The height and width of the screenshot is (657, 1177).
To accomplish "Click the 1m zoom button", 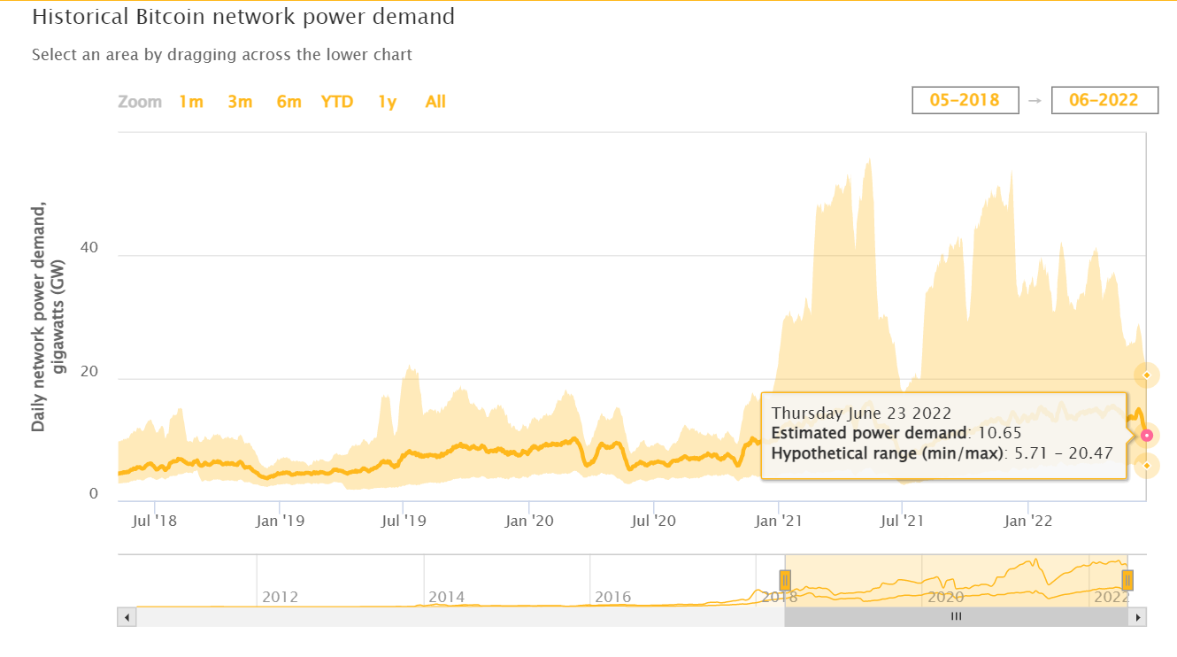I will pos(191,102).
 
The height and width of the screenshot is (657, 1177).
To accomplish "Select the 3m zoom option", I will pos(240,102).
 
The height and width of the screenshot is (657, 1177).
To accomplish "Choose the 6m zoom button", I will pos(288,102).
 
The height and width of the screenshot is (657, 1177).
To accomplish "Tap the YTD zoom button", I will pos(337,102).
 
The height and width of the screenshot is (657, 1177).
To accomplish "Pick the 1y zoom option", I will pos(387,102).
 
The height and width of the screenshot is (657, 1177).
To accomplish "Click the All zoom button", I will pos(435,102).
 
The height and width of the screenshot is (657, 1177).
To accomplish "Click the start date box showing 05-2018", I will pos(965,100).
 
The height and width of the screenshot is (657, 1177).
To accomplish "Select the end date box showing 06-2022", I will pos(1104,100).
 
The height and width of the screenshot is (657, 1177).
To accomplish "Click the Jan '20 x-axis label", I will pos(528,522).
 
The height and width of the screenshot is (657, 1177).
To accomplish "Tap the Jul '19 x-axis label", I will pos(404,522).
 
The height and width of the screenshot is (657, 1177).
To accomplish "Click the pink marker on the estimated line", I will pos(1147,435).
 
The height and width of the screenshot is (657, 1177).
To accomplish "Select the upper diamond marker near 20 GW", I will pos(1147,375).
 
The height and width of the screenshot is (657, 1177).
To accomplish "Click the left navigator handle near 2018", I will pos(785,581).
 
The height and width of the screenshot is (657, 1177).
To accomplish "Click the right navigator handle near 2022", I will pos(1127,581).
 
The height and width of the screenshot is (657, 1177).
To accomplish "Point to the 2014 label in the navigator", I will pos(447,597).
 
